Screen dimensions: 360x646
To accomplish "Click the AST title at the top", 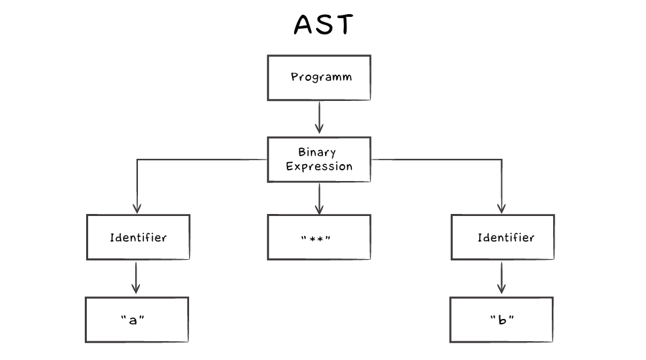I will coord(323,25).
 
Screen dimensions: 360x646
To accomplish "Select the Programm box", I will coord(319,77).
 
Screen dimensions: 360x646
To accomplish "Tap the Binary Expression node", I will coord(319,159).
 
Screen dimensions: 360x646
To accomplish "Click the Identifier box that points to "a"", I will coord(138,238).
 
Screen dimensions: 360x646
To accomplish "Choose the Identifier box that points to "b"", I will coord(503,238).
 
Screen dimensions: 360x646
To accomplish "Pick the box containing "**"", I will coord(319,238).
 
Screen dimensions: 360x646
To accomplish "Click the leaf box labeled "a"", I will coord(137,320).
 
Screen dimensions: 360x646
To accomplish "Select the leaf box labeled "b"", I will coord(501,320).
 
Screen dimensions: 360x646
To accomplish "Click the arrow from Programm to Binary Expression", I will coord(319,118).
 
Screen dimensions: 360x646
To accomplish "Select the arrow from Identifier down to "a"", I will coord(137,277).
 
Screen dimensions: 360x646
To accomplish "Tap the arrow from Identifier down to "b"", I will coord(501,277).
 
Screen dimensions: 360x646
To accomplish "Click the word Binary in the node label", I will coord(317,152).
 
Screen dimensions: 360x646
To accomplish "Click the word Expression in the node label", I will coord(319,166).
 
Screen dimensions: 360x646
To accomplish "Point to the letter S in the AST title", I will coord(324,25).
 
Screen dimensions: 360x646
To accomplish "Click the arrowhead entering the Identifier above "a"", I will coord(137,209).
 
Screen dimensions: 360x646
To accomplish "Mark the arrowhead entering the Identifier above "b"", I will coord(501,209).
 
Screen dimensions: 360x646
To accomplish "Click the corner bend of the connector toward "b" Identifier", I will coord(501,159).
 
